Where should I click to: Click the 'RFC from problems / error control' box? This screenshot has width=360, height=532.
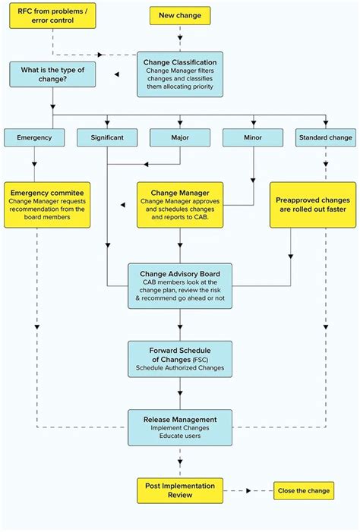[52, 16]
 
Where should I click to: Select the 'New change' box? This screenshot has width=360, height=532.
[180, 15]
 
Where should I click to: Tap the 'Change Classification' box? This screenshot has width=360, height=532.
[180, 74]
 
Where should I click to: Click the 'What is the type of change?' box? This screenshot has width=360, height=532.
[52, 74]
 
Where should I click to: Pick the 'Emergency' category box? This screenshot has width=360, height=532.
[33, 137]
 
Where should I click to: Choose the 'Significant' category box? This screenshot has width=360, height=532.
[107, 137]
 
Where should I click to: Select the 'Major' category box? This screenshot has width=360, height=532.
[180, 137]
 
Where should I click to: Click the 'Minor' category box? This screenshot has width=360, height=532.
[252, 137]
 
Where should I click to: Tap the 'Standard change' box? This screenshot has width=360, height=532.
[326, 137]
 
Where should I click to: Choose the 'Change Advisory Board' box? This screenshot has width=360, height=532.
[180, 285]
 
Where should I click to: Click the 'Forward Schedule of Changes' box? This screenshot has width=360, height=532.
[180, 359]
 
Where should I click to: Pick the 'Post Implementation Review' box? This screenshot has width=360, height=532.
[180, 490]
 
